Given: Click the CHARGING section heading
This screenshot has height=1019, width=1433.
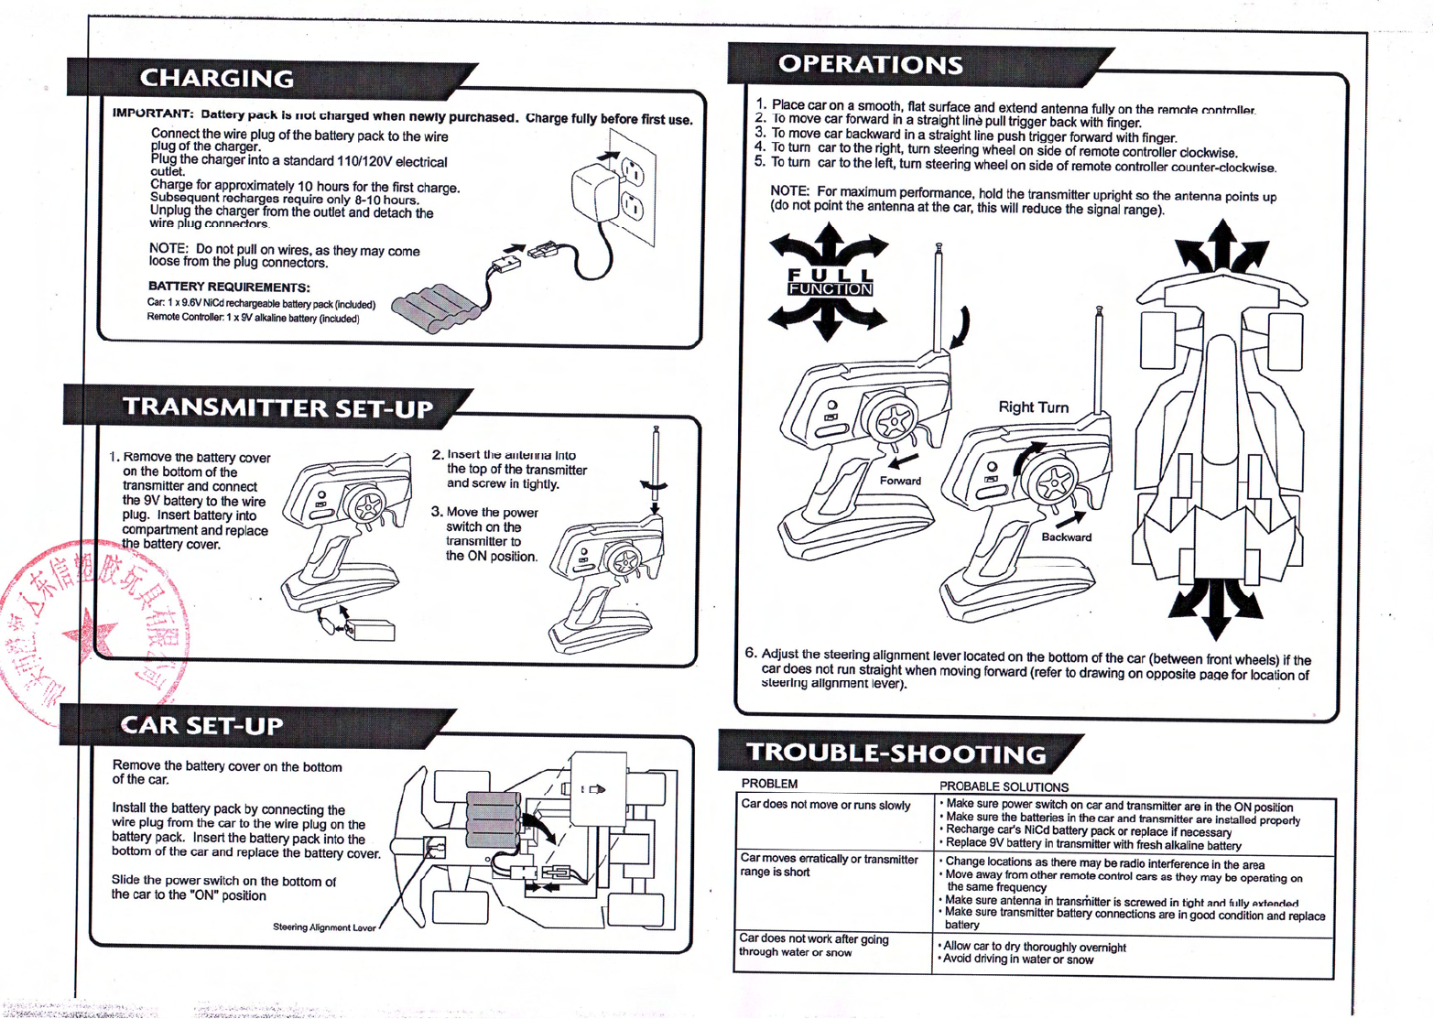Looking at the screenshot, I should coord(217,79).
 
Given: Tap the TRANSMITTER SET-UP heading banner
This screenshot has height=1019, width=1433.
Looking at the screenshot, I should coord(277,407).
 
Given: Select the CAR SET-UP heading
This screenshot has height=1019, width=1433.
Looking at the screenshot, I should coord(202,726).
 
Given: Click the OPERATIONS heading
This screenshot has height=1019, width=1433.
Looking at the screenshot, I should coord(870,64).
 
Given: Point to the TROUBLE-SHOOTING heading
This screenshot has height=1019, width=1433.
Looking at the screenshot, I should coord(896,753).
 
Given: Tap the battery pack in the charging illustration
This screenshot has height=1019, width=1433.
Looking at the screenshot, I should coord(436,306).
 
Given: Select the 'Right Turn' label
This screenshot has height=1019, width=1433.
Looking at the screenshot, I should coord(1033,407).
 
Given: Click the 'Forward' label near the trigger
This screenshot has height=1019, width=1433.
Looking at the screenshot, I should coord(900,481).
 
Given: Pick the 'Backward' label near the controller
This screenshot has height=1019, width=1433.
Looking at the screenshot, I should coord(1066,537).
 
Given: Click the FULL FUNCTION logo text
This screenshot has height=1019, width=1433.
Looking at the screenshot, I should coord(830,282).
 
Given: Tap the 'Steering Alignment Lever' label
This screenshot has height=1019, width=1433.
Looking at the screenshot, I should coord(324,927).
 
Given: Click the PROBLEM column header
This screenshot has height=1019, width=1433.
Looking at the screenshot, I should coord(769,784).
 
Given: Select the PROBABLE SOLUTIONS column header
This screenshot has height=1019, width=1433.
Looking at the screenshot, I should coord(1004,786).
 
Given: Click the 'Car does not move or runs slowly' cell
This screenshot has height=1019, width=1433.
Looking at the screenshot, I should coord(825,806).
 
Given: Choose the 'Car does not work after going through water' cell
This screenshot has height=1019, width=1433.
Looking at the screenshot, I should coord(813,946).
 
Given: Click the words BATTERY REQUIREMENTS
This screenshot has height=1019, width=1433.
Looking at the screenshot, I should coord(229,287).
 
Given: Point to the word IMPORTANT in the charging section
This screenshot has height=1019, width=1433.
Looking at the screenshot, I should coord(152,114).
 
